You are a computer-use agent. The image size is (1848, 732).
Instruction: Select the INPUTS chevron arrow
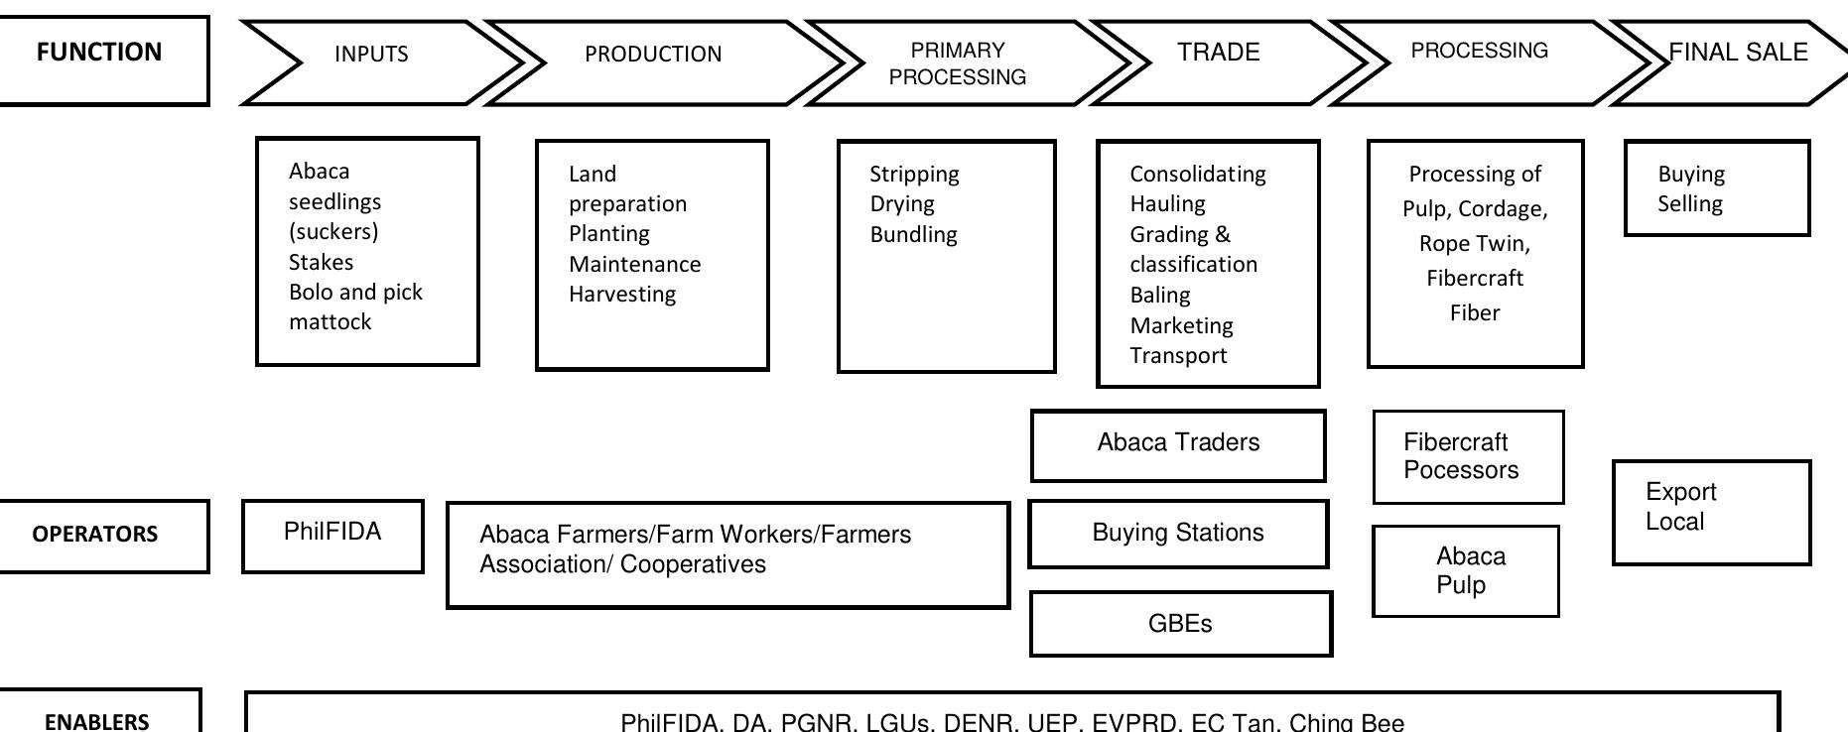pos(372,60)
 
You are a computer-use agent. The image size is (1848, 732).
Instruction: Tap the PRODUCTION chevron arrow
pos(653,60)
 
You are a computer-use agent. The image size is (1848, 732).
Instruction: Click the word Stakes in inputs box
pos(321,262)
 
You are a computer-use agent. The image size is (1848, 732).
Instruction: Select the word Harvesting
pos(622,294)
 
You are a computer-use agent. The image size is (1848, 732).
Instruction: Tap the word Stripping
pos(914,175)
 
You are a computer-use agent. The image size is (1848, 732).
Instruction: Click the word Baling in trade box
pos(1159,295)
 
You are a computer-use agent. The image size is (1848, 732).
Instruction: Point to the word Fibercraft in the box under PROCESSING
pos(1474,278)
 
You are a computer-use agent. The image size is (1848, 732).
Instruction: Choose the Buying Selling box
pos(1717,188)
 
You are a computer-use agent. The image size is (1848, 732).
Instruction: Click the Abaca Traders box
pos(1178,444)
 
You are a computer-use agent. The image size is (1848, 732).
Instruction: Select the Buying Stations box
pos(1178,534)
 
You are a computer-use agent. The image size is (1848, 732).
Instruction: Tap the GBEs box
pos(1180,624)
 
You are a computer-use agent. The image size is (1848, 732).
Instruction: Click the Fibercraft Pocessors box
pos(1468,457)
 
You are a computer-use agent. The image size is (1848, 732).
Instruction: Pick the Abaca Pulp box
pos(1465,571)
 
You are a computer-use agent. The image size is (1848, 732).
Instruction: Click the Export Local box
pos(1711,512)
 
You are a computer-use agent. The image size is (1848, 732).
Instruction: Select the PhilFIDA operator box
pos(332,536)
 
